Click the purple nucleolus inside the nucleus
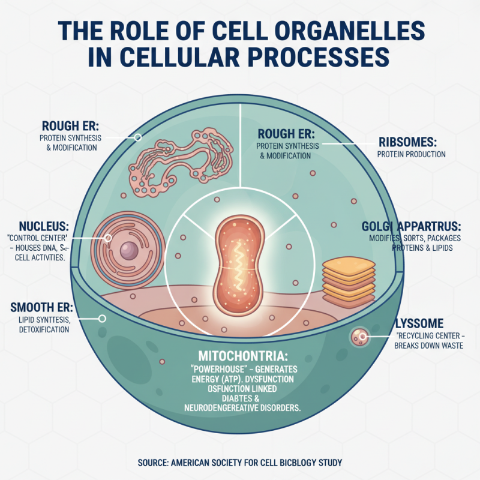pos(129,250)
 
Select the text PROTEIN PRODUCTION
pos(411,154)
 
